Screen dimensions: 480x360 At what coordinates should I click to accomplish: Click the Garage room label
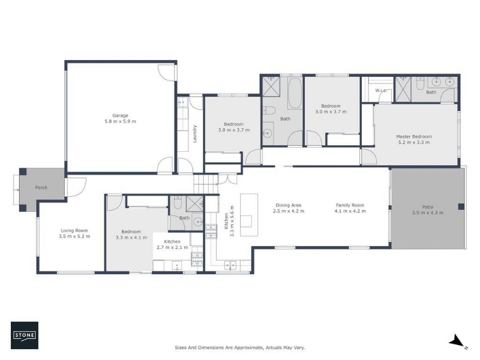point(120,115)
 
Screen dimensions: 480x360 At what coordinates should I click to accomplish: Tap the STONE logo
point(25,335)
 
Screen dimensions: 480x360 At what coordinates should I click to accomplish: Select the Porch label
point(41,187)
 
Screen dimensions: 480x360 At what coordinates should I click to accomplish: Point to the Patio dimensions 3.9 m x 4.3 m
point(428,212)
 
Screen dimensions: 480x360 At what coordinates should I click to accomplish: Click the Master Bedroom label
point(414,137)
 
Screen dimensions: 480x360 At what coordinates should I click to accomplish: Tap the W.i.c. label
point(381,91)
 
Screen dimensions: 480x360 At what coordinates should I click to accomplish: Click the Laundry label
point(194,134)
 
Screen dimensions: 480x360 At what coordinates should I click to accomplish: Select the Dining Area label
point(289,205)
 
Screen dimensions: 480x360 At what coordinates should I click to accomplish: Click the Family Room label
point(350,205)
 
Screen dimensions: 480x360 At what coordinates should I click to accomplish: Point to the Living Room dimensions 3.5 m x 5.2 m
point(74,236)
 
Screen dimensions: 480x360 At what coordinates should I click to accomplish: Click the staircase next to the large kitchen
point(206,184)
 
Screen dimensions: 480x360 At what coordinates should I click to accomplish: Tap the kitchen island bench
point(249,215)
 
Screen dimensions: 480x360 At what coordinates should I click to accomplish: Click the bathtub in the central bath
point(295,93)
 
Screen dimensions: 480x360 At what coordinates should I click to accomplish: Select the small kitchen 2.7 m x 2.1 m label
point(172,244)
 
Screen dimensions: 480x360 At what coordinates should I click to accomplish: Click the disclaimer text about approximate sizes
point(239,347)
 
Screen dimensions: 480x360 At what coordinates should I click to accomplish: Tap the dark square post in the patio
point(461,206)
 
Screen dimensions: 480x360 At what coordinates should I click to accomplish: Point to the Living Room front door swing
point(77,187)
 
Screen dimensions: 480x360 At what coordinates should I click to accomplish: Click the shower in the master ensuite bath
point(403,89)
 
